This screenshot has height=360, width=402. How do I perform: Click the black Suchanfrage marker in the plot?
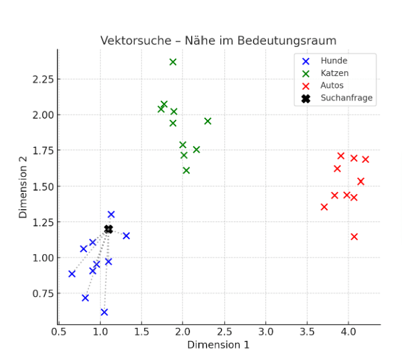(108, 229)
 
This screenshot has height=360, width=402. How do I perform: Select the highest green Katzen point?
(173, 62)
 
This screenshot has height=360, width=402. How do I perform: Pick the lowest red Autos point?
(354, 236)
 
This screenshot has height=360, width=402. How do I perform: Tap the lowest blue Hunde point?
(104, 312)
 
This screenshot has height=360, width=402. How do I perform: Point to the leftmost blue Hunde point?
(72, 273)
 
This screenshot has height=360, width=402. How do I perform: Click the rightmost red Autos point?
(366, 160)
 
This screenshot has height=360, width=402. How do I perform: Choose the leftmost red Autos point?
(324, 207)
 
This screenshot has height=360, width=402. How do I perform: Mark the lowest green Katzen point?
(186, 170)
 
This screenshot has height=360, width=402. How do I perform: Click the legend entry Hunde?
(333, 61)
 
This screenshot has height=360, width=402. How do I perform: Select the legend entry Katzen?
(335, 73)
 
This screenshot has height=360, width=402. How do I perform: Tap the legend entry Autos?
(332, 85)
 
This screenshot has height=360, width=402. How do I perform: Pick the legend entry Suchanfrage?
(346, 98)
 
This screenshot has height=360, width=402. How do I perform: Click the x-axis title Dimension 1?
(218, 345)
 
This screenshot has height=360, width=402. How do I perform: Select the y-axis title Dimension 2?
(23, 186)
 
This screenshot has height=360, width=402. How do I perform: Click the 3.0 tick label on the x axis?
(266, 332)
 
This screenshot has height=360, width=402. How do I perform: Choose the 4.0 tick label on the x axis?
(349, 332)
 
